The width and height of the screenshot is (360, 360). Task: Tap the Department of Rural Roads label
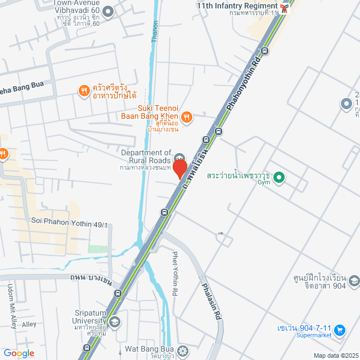146,156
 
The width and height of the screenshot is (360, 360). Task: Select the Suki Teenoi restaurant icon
187,117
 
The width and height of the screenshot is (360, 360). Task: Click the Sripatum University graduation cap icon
115,322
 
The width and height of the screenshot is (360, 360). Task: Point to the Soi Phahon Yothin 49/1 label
69,222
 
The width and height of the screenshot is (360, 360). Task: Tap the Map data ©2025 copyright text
335,355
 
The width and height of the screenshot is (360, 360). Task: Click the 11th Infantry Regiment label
237,5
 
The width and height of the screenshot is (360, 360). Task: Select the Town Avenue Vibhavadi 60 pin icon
109,11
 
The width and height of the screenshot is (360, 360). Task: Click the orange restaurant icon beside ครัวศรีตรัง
84,91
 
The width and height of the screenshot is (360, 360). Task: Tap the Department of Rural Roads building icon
179,157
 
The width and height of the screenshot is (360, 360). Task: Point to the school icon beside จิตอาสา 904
354,280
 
